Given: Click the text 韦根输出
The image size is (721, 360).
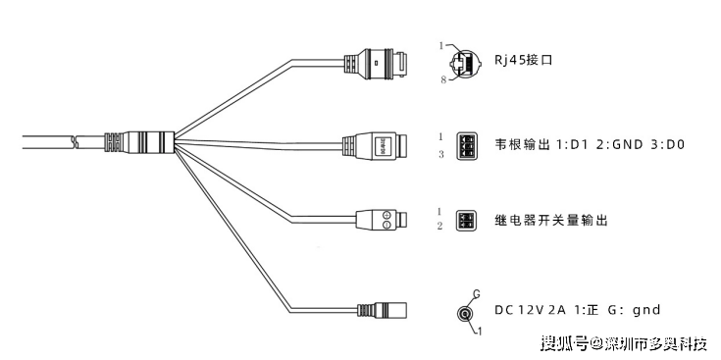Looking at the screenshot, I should tap(519, 145).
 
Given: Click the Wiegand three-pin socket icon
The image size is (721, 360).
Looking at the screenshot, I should tap(467, 145).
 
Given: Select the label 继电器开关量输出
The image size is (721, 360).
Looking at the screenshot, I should tap(551, 221).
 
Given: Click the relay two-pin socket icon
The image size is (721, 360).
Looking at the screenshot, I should tap(465, 220).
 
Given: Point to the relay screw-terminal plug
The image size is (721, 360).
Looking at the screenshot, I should tap(375, 220).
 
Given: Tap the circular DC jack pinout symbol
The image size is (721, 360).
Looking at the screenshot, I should tap(464, 313).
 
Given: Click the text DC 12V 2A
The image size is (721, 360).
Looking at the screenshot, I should tap(532, 311).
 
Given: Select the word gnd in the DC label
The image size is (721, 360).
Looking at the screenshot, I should tap(646, 311).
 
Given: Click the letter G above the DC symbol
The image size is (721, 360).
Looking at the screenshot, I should tap(475, 293).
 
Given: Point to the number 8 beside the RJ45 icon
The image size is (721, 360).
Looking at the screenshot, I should tap(443, 79).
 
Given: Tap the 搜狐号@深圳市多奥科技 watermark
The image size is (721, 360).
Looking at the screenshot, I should tap(625, 343).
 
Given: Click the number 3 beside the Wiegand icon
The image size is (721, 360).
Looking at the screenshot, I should tap(440, 154).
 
